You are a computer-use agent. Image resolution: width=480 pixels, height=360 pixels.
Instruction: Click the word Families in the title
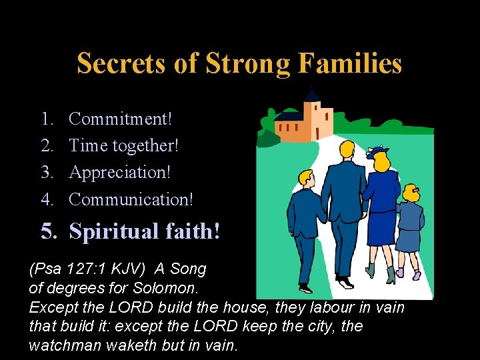click(x=350, y=63)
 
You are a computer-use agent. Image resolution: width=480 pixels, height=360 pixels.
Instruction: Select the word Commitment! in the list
click(x=121, y=119)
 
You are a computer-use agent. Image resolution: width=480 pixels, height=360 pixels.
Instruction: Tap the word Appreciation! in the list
click(x=120, y=172)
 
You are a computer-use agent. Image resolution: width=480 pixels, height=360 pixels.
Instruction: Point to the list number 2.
click(x=47, y=145)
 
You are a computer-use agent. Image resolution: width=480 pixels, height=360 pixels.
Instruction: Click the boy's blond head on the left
click(x=306, y=179)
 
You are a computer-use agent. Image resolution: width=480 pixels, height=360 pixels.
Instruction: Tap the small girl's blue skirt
click(x=407, y=239)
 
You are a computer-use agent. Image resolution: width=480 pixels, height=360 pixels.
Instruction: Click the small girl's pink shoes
click(x=407, y=273)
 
